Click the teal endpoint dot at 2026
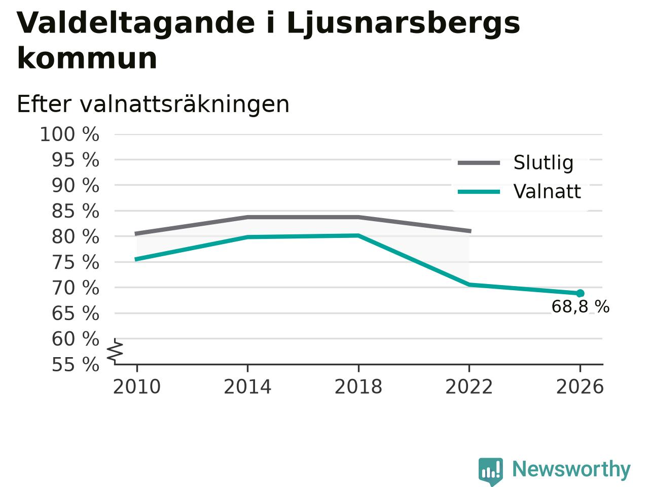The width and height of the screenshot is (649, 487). [580, 293]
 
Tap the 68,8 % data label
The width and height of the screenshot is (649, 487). [581, 306]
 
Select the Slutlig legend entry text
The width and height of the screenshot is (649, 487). [544, 162]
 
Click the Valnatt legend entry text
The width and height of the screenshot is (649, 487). [547, 191]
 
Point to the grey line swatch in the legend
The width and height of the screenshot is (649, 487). [479, 163]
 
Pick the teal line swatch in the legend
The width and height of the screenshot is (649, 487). [479, 192]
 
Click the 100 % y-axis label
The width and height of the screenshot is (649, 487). [69, 134]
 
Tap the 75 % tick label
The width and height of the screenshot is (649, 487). [76, 262]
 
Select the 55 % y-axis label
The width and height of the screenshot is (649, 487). [76, 364]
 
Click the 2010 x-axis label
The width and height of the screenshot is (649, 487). [137, 387]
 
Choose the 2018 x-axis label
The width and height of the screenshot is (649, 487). [358, 387]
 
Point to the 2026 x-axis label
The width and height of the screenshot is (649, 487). [580, 387]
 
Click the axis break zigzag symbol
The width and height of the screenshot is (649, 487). [115, 351]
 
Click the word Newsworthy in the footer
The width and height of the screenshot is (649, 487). [571, 469]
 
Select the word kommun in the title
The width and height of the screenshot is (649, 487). [87, 58]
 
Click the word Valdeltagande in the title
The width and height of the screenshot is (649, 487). [136, 23]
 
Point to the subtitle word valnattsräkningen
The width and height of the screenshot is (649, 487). [185, 105]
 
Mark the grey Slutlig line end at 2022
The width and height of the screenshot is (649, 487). [470, 231]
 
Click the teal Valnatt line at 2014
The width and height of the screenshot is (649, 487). [247, 237]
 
